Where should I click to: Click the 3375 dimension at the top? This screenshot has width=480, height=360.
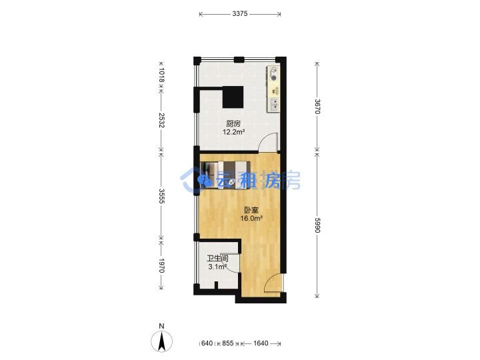click(240, 14)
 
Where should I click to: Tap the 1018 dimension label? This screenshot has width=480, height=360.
click(161, 75)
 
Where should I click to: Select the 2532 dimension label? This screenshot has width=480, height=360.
click(161, 120)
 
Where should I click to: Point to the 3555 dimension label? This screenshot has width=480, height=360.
click(161, 196)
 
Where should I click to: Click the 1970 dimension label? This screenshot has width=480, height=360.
click(161, 266)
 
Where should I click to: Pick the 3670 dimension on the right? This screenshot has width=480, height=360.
click(317, 107)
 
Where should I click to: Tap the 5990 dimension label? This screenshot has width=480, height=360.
click(317, 225)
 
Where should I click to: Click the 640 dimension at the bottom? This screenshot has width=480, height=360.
click(207, 343)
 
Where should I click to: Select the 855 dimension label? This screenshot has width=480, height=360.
click(228, 343)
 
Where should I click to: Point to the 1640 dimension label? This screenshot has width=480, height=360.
click(261, 343)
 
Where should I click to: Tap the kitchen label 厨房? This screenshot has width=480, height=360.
click(233, 124)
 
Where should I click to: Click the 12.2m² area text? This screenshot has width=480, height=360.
click(233, 132)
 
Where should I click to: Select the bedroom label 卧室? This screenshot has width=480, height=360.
click(251, 210)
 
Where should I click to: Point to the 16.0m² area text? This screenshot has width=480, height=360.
click(251, 219)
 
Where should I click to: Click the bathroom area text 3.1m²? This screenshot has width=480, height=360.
click(217, 267)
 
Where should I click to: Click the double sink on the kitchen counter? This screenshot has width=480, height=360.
click(274, 105)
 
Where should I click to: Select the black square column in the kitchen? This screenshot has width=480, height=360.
click(233, 97)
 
